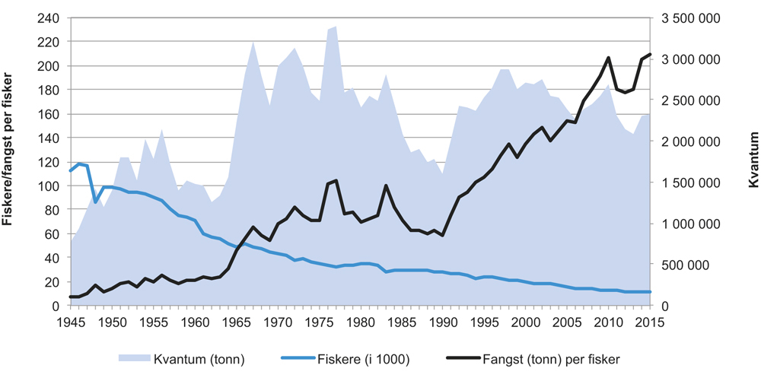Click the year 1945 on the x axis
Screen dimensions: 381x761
(71, 320)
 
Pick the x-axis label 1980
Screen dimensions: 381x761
(360, 320)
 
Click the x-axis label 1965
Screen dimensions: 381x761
(236, 320)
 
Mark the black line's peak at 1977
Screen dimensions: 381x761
(336, 180)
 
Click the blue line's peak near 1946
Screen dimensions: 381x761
(79, 164)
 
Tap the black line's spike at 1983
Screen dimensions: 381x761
(386, 186)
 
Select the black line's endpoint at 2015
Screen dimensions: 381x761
(650, 55)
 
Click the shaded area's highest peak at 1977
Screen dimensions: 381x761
(336, 27)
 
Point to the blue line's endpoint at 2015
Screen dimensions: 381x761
(650, 292)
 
